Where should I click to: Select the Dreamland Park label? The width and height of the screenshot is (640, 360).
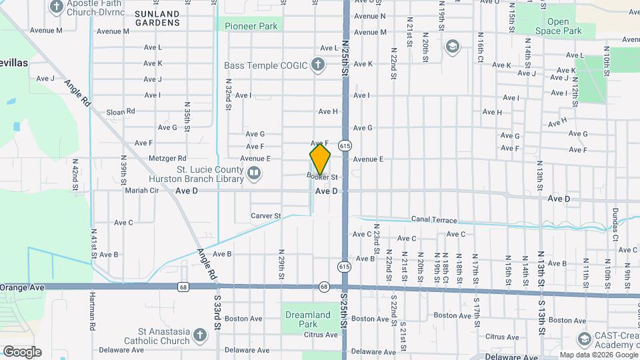coord(307,319)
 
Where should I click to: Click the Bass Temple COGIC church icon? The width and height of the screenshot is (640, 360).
coord(319,65)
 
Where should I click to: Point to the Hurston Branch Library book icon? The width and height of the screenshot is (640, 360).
coord(253,174)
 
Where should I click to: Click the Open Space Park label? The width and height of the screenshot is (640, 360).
coord(559,26)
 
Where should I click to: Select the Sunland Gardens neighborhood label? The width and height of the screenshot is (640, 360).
coord(157,18)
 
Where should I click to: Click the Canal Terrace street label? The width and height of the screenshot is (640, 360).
coord(434,220)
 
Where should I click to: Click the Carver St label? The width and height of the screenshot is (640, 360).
coord(266,215)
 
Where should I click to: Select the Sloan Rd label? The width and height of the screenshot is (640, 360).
coord(121,111)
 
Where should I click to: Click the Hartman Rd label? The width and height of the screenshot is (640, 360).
coord(93,313)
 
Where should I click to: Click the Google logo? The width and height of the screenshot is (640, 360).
coord(22,351)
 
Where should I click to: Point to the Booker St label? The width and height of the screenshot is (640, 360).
coord(323,177)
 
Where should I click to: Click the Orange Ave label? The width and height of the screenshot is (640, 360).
coord(22,287)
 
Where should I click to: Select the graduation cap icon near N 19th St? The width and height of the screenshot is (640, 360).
coord(453,46)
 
